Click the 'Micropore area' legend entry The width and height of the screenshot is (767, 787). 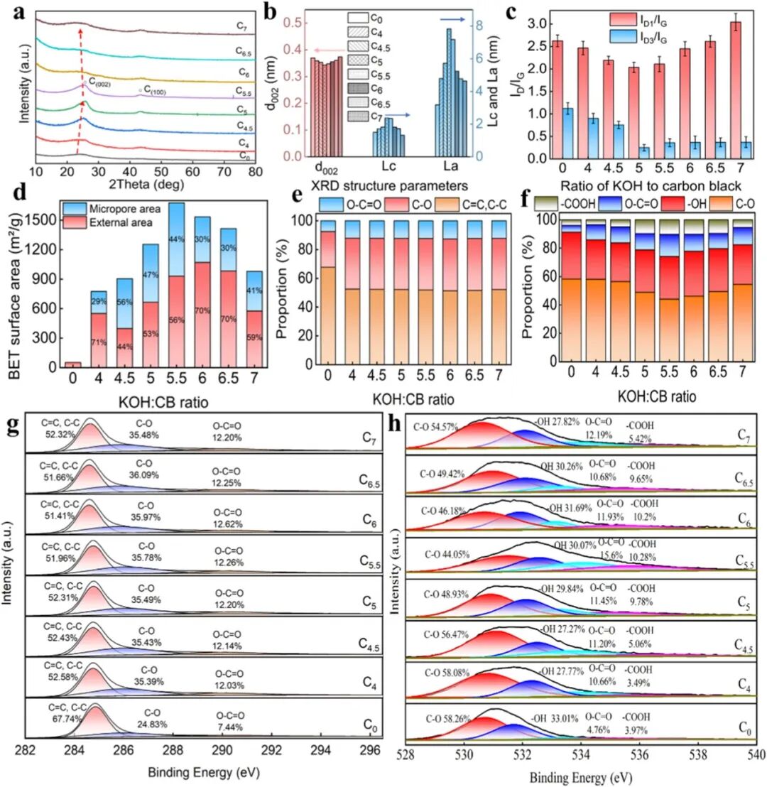pos(124,208)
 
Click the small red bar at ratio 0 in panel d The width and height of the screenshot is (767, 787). pos(73,364)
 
